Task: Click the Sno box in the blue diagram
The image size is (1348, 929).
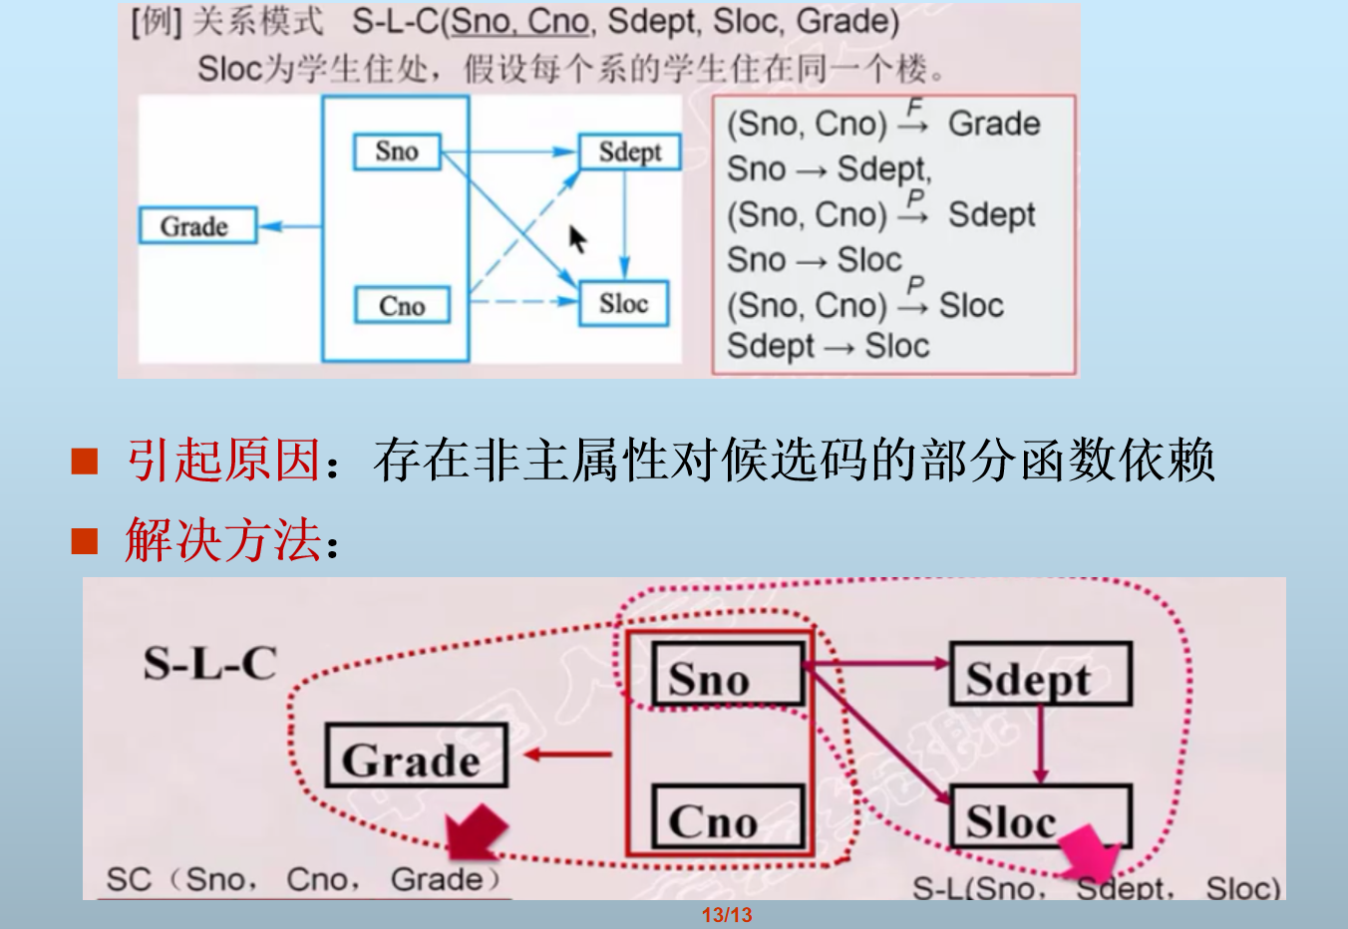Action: (397, 152)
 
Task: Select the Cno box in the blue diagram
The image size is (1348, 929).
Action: (402, 305)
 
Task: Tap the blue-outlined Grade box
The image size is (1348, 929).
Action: (197, 226)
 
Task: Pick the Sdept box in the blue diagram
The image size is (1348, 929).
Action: (629, 153)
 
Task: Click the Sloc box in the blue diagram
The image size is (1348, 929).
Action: (624, 304)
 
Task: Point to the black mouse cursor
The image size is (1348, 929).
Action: (577, 239)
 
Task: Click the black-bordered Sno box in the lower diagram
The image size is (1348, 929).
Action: (728, 675)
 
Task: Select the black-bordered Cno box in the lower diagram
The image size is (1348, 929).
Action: (728, 818)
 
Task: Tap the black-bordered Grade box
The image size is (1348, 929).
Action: (417, 757)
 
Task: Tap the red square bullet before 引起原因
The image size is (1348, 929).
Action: (85, 461)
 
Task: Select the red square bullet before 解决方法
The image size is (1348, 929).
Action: (85, 541)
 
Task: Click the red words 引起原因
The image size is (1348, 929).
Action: (223, 461)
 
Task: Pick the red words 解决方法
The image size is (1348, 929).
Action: (223, 541)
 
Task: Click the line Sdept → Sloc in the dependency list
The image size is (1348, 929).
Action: (828, 347)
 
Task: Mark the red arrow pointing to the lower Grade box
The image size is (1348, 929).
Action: (567, 756)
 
